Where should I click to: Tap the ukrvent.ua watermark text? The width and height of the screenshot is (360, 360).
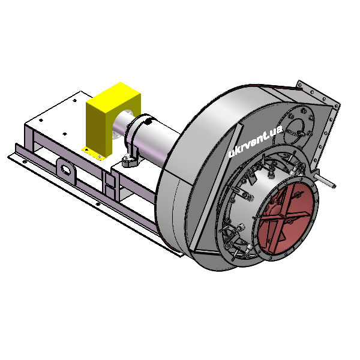pos(256,141)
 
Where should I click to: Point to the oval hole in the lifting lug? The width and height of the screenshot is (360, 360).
pos(66,170)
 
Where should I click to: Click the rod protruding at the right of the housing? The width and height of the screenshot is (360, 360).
pos(325,181)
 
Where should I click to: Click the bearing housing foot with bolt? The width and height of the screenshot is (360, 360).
pos(130,160)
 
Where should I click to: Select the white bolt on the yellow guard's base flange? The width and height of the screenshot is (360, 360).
pos(100,157)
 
